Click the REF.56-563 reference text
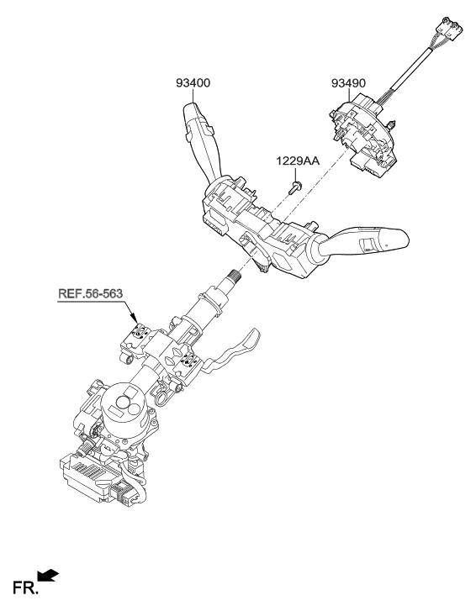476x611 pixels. click(92, 294)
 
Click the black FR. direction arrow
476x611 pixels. click(48, 574)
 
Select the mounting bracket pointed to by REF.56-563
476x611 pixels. click(139, 338)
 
